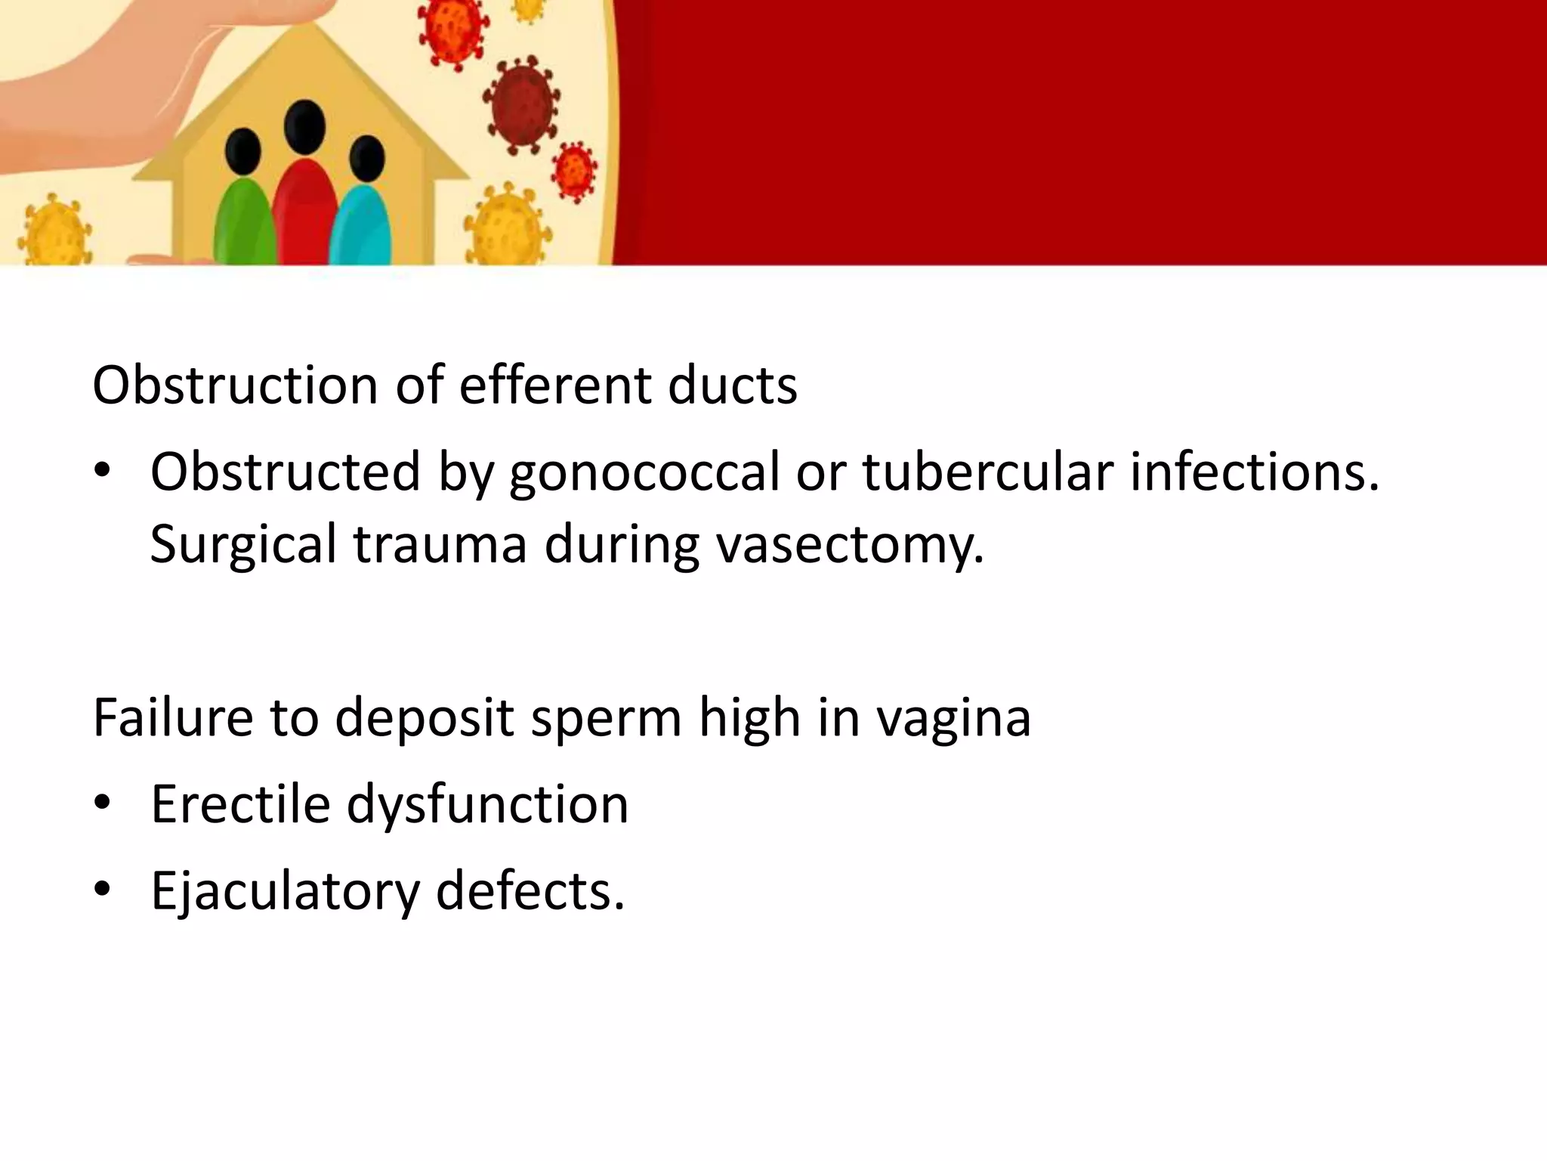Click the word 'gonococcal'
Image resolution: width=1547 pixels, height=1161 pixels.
pyautogui.click(x=644, y=472)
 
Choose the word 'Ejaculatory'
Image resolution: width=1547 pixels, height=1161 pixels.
pyautogui.click(x=284, y=891)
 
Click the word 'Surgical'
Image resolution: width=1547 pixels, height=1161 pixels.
pyautogui.click(x=243, y=544)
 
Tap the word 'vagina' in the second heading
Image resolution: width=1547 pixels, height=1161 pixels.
pyautogui.click(x=953, y=718)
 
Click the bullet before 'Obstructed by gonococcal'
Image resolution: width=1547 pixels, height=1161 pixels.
pyautogui.click(x=103, y=472)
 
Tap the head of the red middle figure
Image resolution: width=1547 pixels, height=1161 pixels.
pyautogui.click(x=304, y=127)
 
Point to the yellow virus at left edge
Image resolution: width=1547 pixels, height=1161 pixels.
pyautogui.click(x=53, y=231)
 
